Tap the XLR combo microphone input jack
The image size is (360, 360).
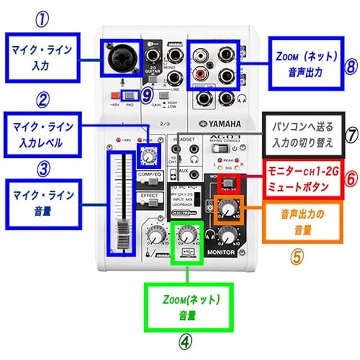tap(123, 58)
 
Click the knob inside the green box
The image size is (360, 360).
tap(186, 235)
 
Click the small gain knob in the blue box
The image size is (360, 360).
tap(150, 154)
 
